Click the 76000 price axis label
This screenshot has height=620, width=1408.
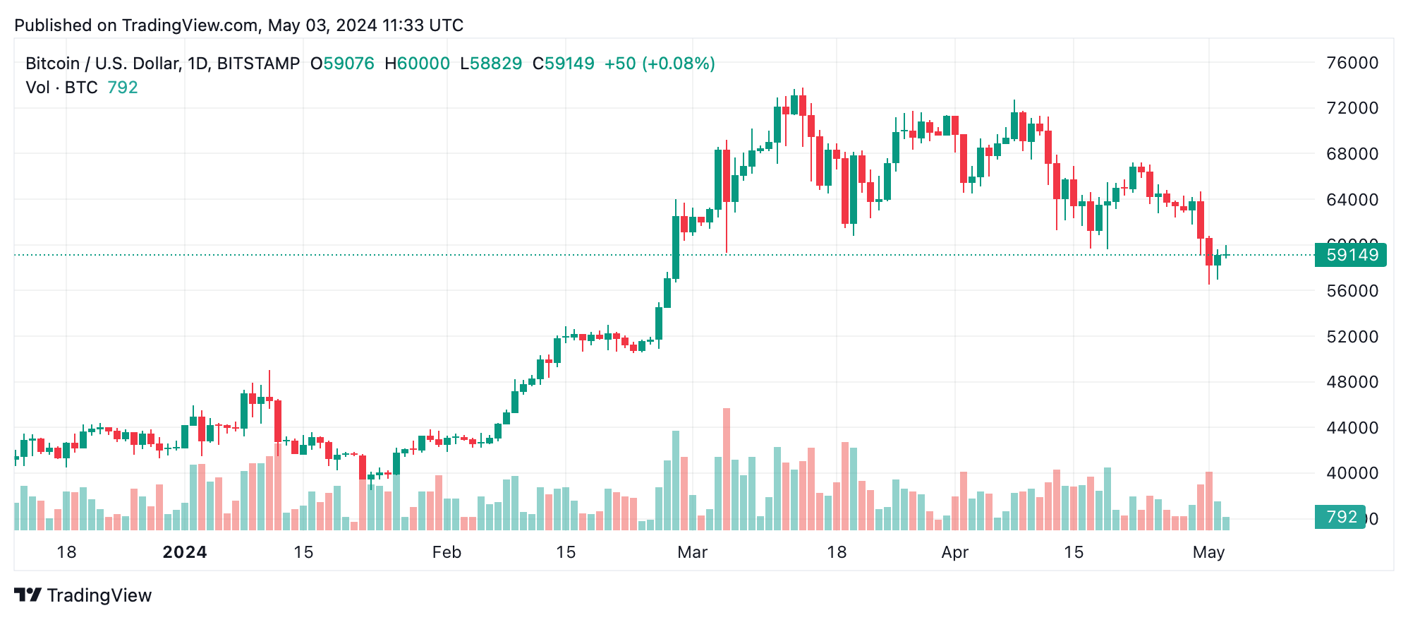click(x=1352, y=63)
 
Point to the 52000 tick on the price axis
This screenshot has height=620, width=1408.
click(x=1352, y=337)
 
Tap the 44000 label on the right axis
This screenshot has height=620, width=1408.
click(x=1352, y=428)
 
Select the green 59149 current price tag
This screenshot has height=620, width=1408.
click(x=1350, y=255)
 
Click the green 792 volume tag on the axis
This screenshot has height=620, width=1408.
click(x=1340, y=517)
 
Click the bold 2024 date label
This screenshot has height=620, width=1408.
click(x=185, y=552)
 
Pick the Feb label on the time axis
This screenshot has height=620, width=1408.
click(x=447, y=552)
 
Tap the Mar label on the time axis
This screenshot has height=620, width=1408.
click(x=692, y=552)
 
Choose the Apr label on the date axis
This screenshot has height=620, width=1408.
click(x=954, y=552)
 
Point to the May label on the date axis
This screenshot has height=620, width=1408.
click(x=1208, y=552)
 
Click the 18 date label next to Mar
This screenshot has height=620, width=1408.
click(x=837, y=552)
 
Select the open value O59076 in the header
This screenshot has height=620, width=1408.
click(x=343, y=64)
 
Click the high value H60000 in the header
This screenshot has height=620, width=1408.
click(x=417, y=64)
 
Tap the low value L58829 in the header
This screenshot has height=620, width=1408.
click(x=491, y=64)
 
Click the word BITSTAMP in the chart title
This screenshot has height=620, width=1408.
click(x=258, y=64)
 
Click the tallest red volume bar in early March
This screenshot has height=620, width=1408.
click(x=727, y=469)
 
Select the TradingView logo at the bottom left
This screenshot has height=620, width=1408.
click(x=83, y=595)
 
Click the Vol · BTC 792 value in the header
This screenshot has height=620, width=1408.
click(x=123, y=88)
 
